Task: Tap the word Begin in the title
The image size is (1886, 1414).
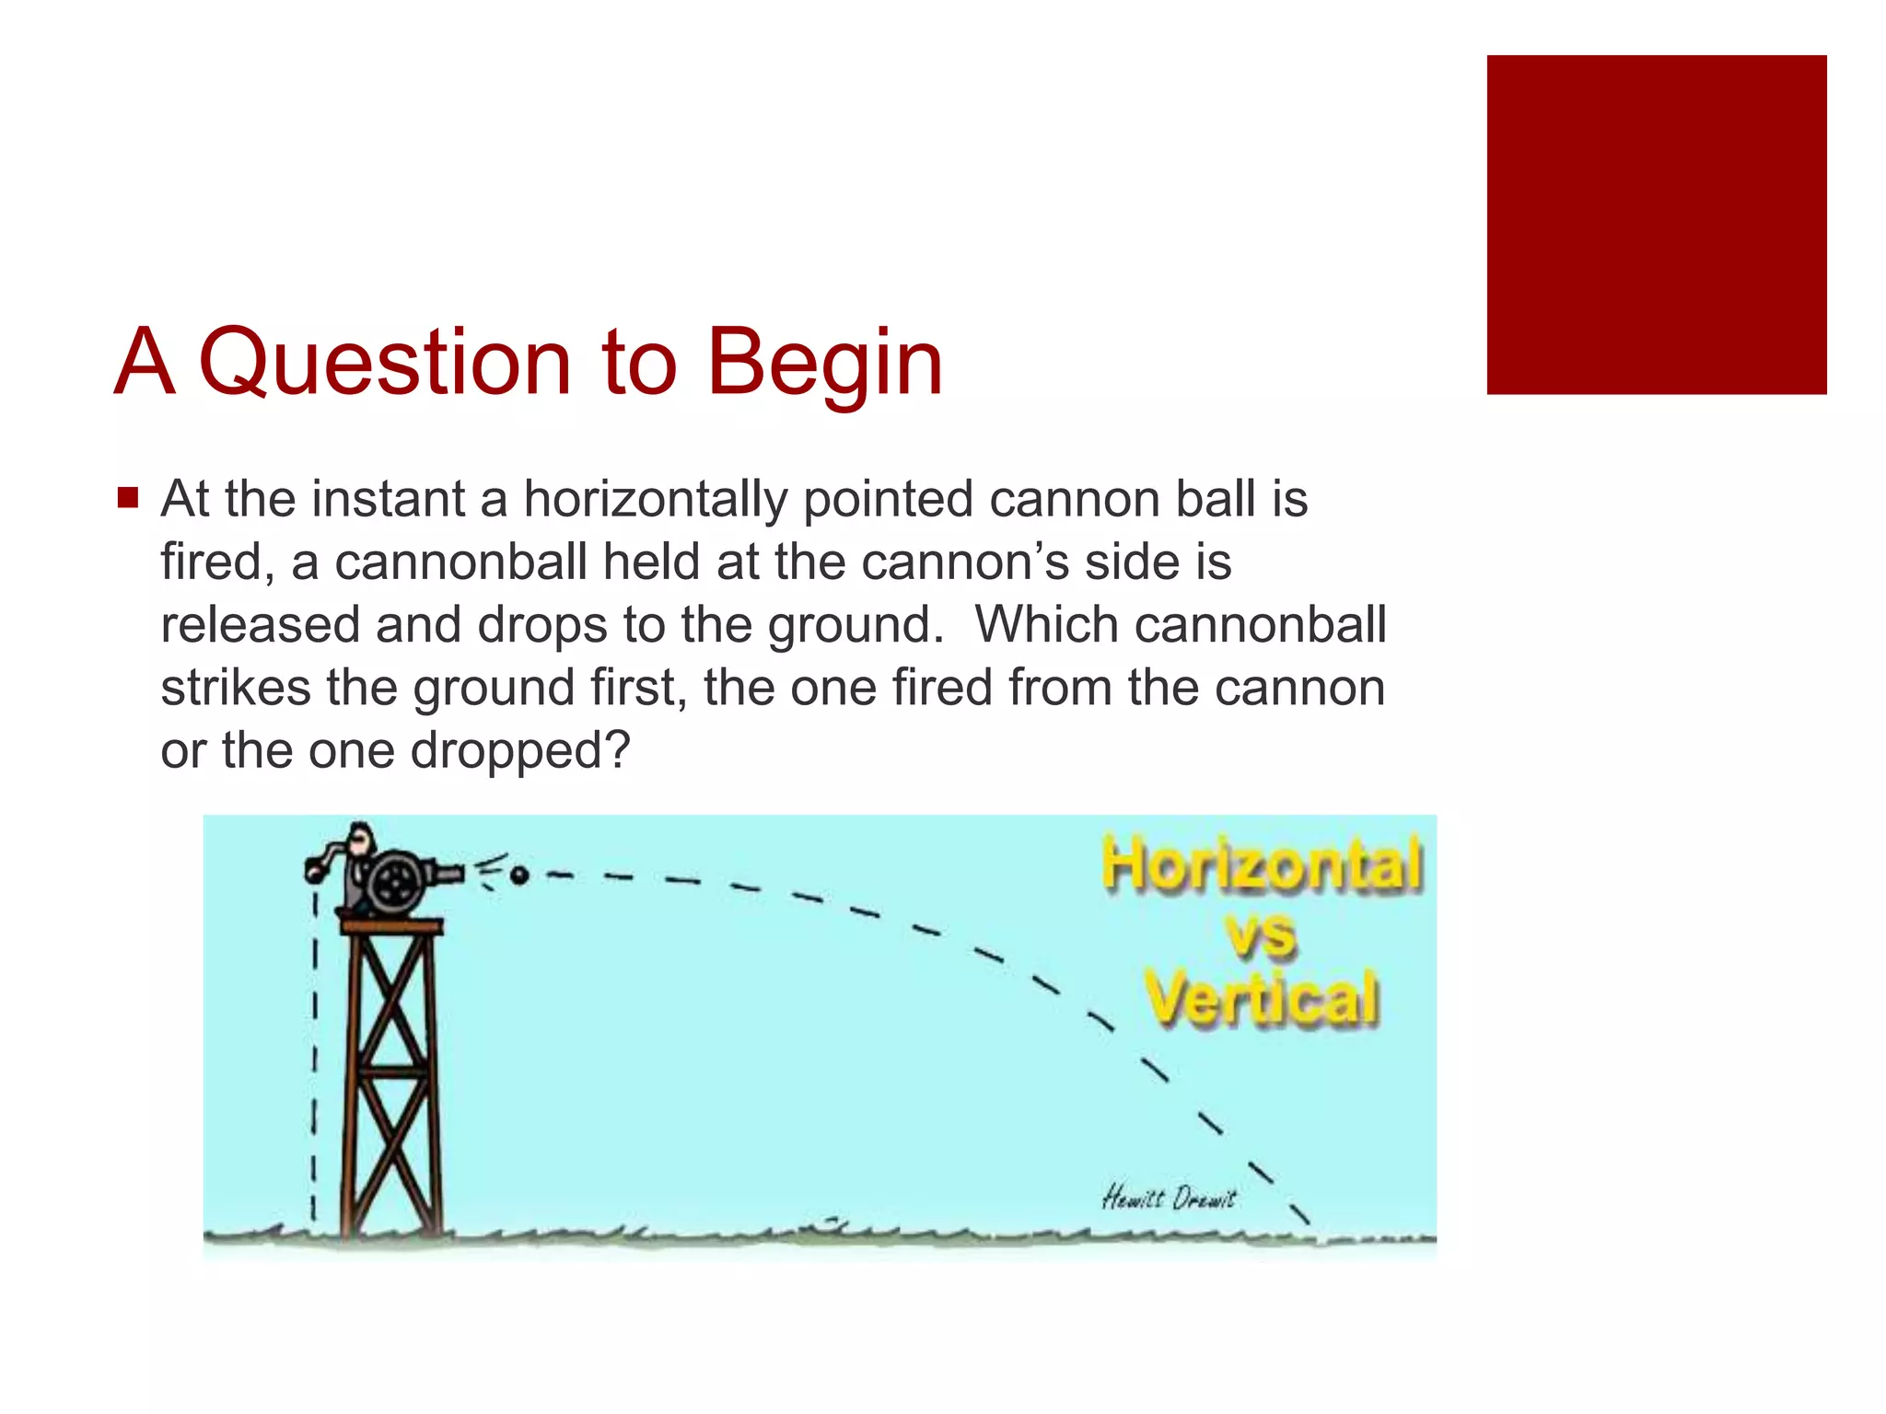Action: [823, 364]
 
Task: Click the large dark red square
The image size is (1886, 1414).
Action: [1656, 225]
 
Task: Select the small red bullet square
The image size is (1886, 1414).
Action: [128, 498]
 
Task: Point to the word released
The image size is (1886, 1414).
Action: [260, 625]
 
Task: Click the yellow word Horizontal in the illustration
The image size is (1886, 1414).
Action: [1262, 864]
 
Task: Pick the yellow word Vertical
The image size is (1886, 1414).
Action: [1262, 998]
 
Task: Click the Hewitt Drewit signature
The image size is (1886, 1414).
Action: [1168, 1198]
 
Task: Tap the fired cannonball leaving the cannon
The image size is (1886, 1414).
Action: [519, 875]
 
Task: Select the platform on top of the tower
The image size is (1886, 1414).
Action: [391, 925]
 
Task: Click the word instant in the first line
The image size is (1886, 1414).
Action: [388, 500]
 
